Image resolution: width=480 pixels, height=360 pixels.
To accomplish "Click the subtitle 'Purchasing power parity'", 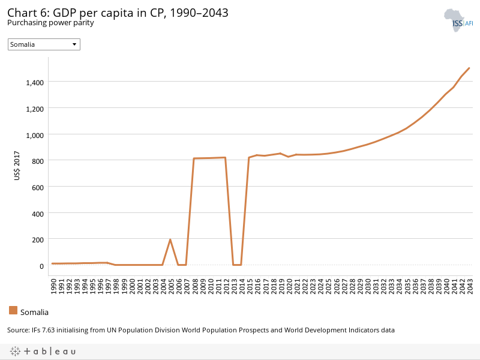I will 50,23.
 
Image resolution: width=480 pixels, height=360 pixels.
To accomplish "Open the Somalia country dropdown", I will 44,44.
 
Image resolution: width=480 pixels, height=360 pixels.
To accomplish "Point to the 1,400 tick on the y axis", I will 34,82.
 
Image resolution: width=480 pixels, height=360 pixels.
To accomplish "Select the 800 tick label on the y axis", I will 37,160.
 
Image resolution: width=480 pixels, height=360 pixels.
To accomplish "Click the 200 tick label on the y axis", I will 37,239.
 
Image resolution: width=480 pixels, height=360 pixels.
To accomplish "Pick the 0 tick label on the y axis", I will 41,265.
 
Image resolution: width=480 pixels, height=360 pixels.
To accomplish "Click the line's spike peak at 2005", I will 170,239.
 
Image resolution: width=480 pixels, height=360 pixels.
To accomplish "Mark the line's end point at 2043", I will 469,68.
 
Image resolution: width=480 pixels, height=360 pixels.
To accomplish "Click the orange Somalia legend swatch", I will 13,310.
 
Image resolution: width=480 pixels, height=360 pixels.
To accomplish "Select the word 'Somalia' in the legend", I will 34,312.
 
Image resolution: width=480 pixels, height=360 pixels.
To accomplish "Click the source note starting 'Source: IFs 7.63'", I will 200,330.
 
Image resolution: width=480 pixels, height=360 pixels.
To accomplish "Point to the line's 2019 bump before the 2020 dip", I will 280,153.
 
